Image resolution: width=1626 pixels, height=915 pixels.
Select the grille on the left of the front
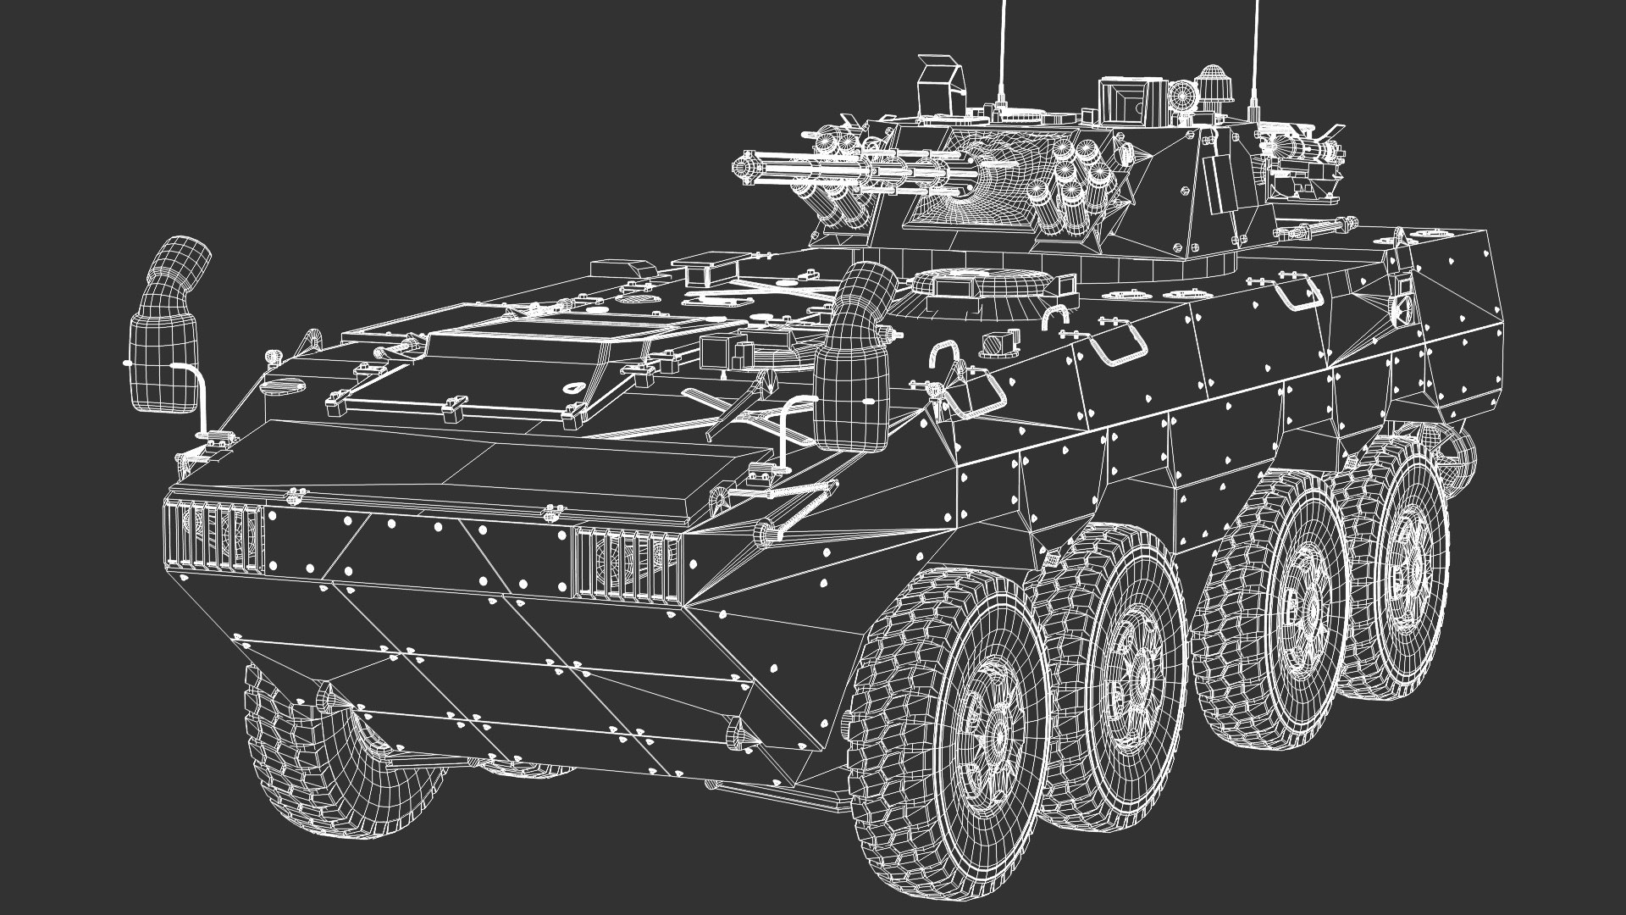coord(213,536)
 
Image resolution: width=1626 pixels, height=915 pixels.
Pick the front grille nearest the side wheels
coord(628,563)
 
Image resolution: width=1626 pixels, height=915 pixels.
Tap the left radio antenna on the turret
coord(1004,51)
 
